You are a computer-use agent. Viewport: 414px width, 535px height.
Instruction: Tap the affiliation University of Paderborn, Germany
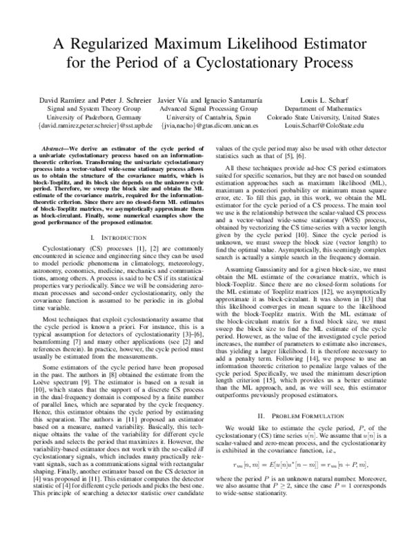pyautogui.click(x=90, y=118)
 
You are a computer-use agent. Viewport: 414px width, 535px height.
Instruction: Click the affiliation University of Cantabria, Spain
pyautogui.click(x=208, y=118)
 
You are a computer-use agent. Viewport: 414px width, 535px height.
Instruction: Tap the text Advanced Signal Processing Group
pyautogui.click(x=208, y=109)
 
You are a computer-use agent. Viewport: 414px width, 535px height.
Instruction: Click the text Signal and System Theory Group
pyautogui.click(x=90, y=109)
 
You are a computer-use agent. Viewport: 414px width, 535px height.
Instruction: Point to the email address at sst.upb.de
pyautogui.click(x=90, y=128)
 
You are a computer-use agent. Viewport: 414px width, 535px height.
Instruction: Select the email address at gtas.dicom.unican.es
pyautogui.click(x=208, y=128)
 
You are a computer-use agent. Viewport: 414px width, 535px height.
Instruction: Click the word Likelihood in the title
pyautogui.click(x=259, y=45)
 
